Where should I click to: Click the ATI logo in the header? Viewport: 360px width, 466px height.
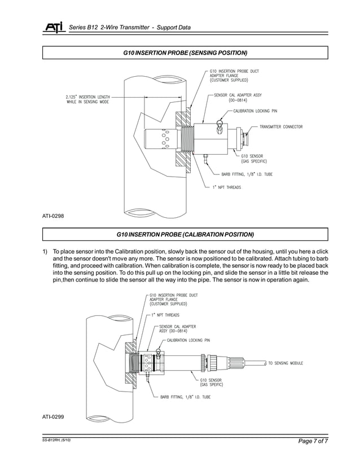click(x=54, y=28)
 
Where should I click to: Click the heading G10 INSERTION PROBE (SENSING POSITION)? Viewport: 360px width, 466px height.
click(x=185, y=53)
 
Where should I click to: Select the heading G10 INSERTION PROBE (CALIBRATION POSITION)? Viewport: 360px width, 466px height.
click(x=185, y=234)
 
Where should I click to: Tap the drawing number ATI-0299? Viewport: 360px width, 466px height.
click(x=53, y=417)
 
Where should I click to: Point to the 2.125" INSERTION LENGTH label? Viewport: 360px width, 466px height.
click(x=88, y=99)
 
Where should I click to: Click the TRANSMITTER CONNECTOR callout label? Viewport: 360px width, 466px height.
click(x=280, y=127)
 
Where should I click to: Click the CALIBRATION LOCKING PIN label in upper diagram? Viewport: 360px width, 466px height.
click(x=255, y=111)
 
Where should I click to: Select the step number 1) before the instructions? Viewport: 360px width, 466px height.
click(x=45, y=250)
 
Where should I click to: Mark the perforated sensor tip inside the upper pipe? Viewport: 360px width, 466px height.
click(x=159, y=138)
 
